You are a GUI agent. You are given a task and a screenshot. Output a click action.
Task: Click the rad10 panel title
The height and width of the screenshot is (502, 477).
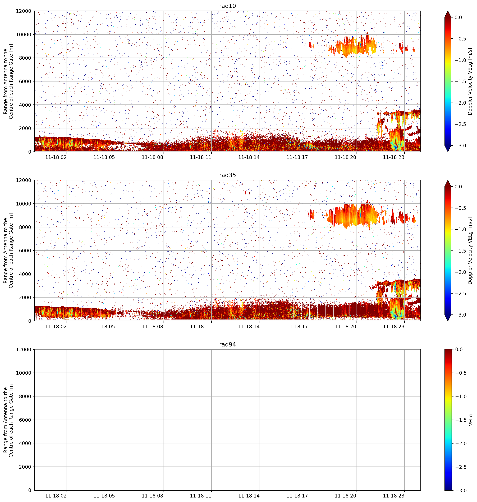[227, 6]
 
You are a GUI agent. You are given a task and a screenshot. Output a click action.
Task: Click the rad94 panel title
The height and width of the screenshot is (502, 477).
[227, 344]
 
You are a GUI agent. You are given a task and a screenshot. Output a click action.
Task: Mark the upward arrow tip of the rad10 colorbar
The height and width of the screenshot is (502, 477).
[448, 11]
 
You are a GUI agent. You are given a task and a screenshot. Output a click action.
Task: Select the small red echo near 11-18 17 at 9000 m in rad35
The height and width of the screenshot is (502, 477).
[311, 214]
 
